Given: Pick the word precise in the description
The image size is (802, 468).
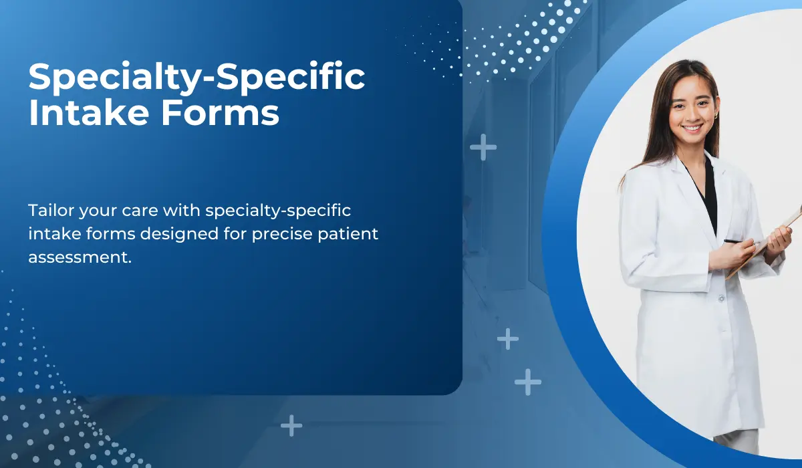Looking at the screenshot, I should (281, 234).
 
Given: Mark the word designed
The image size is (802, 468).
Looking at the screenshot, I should (192, 234).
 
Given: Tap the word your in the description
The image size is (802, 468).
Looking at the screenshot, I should (95, 211).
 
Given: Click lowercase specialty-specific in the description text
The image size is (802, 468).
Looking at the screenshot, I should (278, 211).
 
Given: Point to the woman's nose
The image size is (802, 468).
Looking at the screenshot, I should (691, 112).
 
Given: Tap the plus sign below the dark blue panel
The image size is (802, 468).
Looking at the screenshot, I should (291, 425).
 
